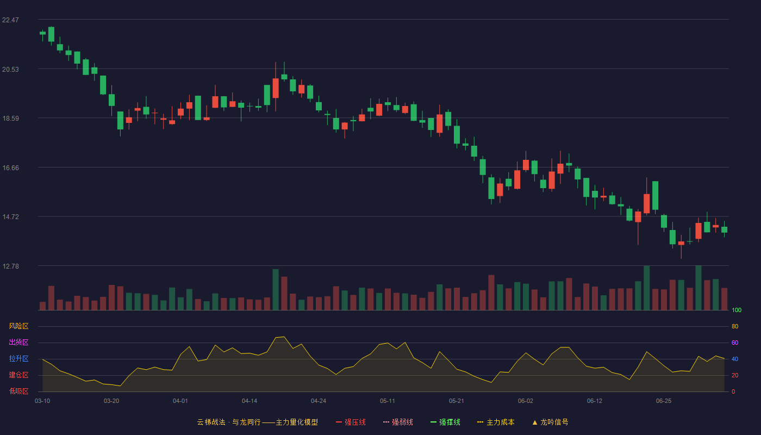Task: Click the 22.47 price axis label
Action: [x=10, y=20]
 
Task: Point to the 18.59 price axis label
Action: [x=10, y=119]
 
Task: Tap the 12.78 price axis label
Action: [x=10, y=266]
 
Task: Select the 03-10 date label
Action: [x=42, y=401]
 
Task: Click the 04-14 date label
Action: [x=249, y=401]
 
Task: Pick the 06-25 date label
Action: [x=664, y=401]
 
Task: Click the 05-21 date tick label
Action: [x=456, y=401]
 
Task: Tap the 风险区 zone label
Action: [x=18, y=326]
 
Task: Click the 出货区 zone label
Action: [x=18, y=342]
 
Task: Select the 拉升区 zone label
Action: [x=18, y=358]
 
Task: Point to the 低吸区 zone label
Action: [x=18, y=391]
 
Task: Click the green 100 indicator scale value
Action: [x=737, y=310]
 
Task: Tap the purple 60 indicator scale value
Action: [x=735, y=343]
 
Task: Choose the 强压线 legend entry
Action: [x=351, y=422]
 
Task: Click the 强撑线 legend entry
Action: [x=445, y=422]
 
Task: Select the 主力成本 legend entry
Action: [x=496, y=422]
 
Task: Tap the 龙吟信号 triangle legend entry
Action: [x=550, y=422]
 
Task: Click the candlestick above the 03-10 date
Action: [x=42, y=33]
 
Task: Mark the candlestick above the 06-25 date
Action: [x=664, y=222]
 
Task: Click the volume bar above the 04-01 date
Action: [x=180, y=304]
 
